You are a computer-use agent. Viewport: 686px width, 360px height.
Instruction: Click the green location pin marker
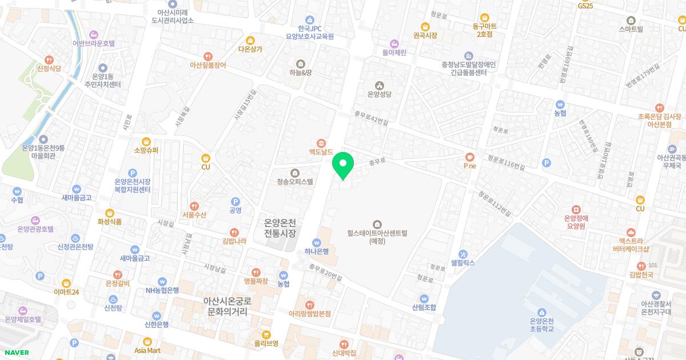point(343,164)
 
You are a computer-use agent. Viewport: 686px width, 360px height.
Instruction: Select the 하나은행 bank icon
point(316,242)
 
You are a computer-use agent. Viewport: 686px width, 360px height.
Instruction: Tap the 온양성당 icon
point(377,85)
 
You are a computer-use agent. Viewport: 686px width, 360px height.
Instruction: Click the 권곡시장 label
point(425,35)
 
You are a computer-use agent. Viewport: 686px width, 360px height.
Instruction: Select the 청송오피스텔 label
point(292,182)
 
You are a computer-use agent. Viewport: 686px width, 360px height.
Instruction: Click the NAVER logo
point(15,353)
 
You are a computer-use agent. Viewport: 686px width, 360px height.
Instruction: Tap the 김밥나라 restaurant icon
point(234,232)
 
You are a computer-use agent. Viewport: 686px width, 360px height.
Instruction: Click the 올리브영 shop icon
point(266,334)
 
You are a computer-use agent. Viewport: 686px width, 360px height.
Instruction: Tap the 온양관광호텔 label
point(35,229)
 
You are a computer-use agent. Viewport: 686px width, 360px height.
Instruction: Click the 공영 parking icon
point(234,201)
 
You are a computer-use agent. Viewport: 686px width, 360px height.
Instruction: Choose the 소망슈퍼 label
point(146,151)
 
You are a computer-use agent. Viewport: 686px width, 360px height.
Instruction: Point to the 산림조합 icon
point(424,298)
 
